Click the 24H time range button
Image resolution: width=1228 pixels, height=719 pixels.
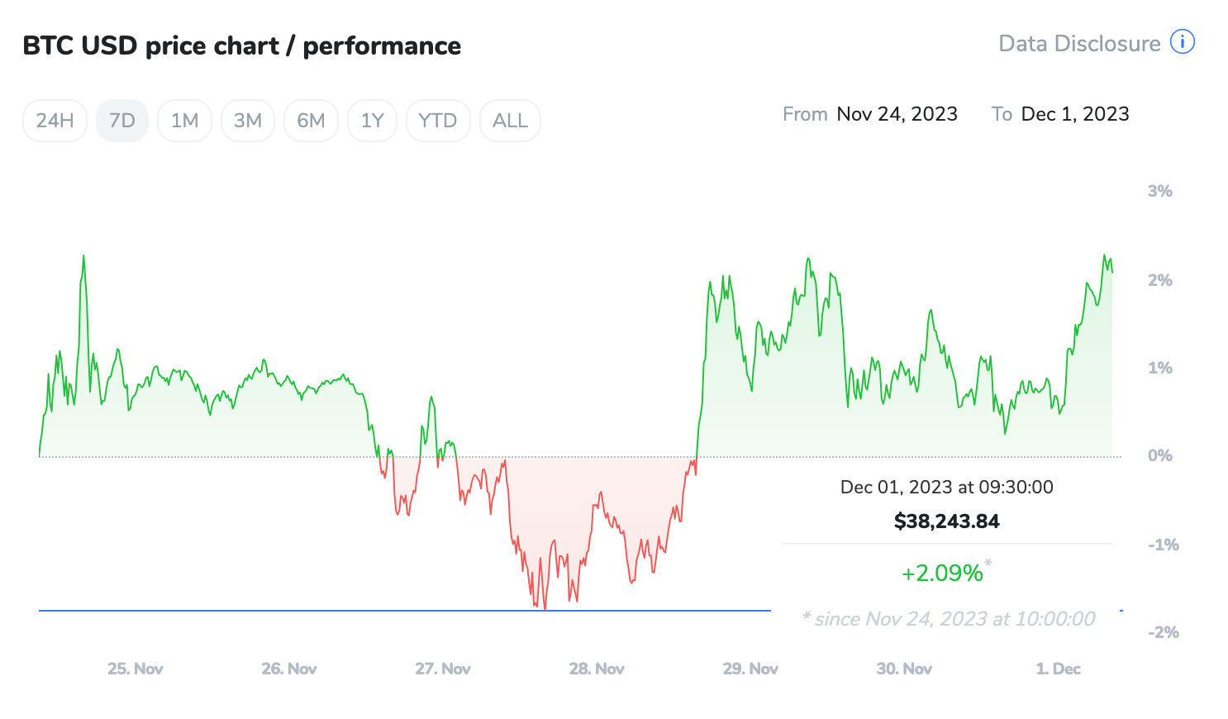click(55, 121)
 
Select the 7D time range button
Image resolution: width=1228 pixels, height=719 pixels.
click(122, 121)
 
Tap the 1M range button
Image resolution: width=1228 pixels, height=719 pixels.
click(184, 121)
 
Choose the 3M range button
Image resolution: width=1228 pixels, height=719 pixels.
click(248, 121)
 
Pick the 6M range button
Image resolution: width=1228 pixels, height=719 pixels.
click(311, 121)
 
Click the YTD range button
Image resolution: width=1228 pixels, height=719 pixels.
click(438, 121)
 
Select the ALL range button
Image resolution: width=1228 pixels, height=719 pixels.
click(510, 121)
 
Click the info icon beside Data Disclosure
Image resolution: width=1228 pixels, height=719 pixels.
click(1183, 42)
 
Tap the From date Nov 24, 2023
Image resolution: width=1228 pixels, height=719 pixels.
click(897, 114)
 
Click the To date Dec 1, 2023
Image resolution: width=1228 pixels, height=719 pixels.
click(1075, 114)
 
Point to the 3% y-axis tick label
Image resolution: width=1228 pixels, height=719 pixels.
click(1159, 191)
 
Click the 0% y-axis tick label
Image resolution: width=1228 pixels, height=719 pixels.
click(1159, 455)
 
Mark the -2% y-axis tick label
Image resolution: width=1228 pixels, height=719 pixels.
click(1163, 632)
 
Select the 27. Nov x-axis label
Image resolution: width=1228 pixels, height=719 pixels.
click(443, 669)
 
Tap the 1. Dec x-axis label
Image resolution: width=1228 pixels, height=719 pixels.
click(1059, 669)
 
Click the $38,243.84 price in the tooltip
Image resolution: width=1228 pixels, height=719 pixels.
click(947, 521)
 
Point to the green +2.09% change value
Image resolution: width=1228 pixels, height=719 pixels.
click(942, 573)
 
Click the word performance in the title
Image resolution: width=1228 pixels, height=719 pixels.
click(382, 46)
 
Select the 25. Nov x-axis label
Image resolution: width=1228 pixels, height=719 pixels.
click(136, 669)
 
